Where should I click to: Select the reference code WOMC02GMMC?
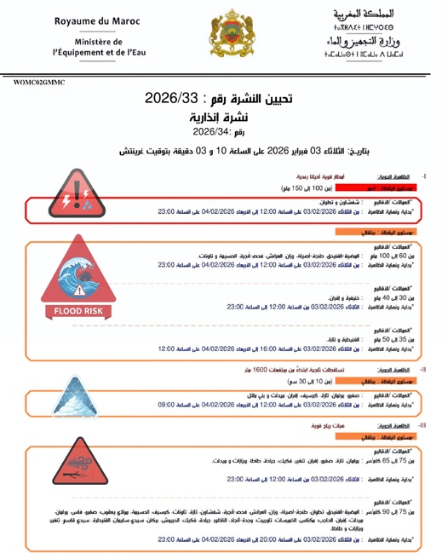39,83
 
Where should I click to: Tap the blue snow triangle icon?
76,398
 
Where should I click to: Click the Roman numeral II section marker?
422,370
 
